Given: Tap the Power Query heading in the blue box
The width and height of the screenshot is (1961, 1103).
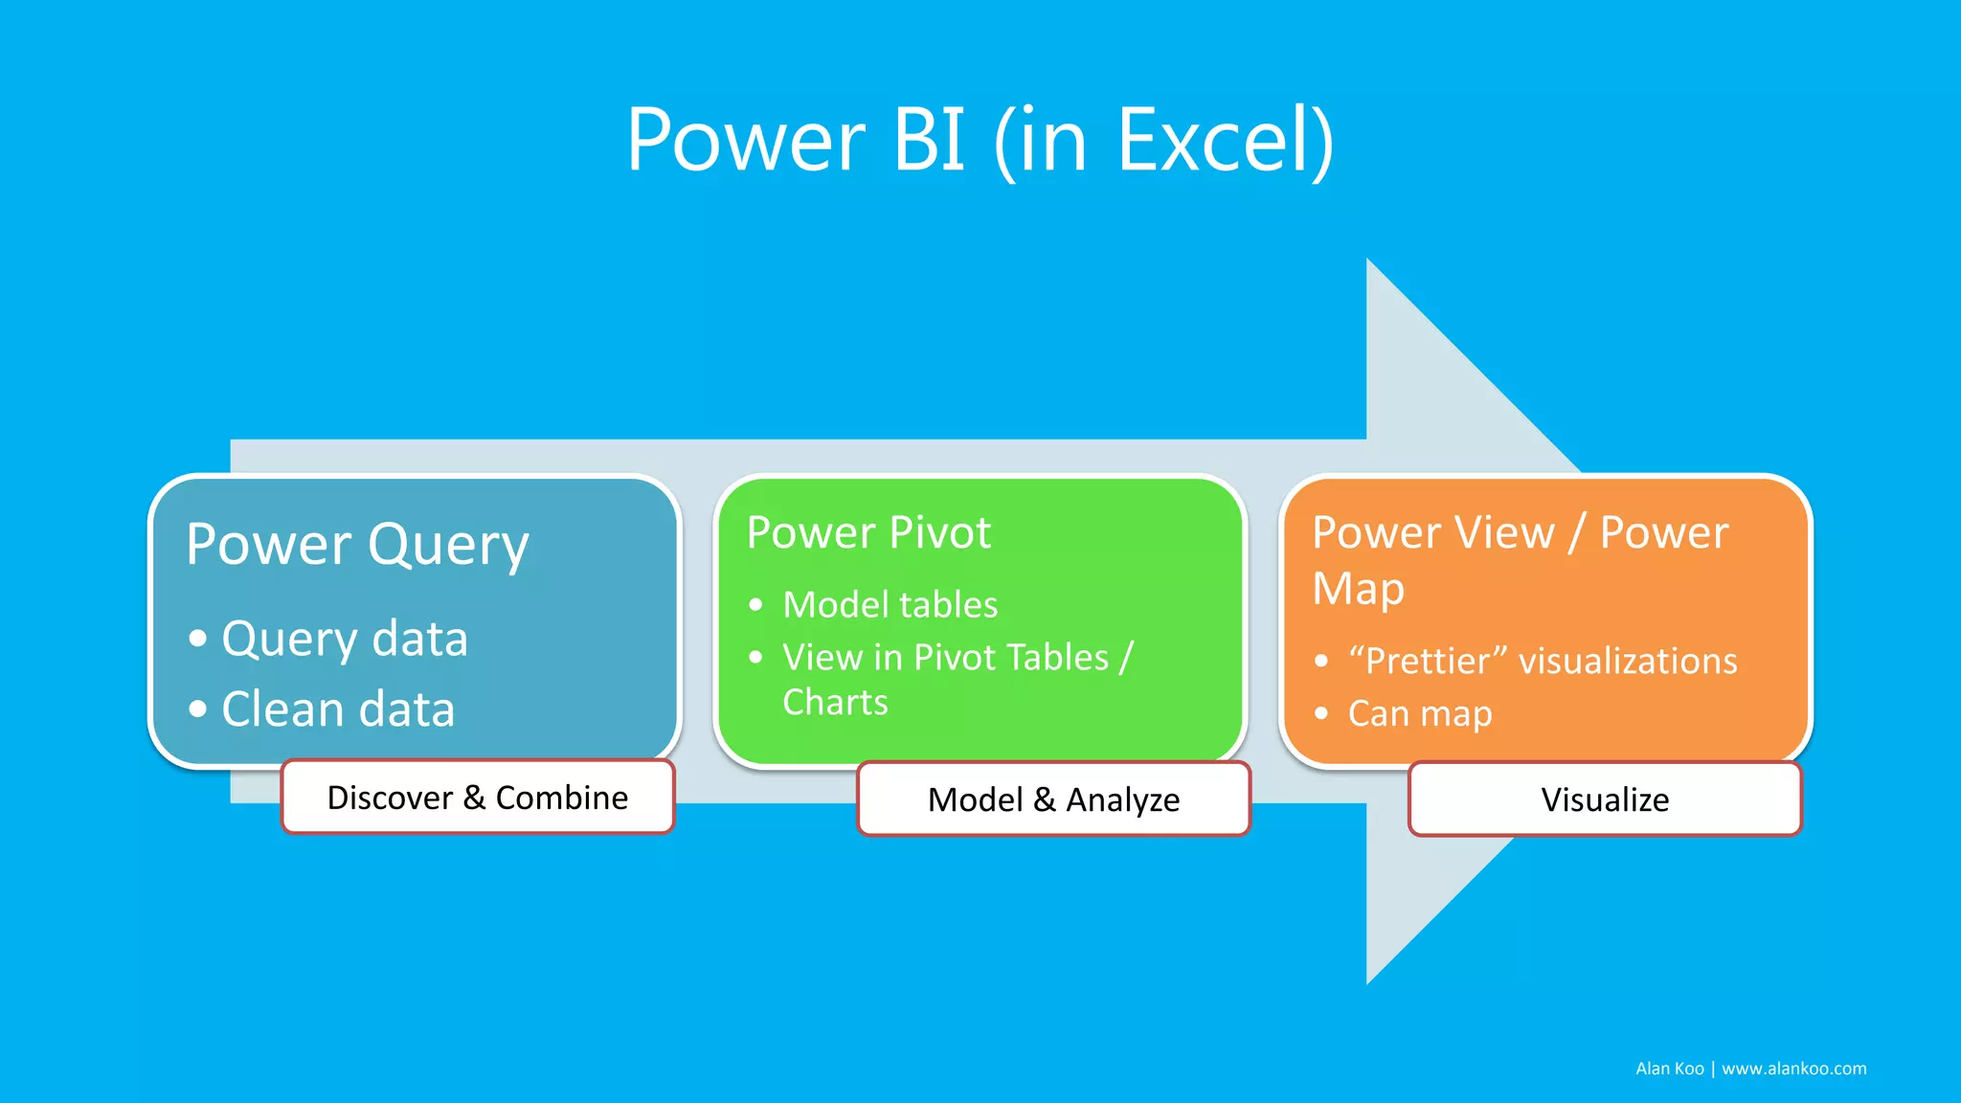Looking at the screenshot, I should [357, 545].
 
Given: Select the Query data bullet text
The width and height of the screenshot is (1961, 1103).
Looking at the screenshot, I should [344, 639].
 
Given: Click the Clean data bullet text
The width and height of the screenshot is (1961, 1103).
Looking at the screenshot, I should [337, 709].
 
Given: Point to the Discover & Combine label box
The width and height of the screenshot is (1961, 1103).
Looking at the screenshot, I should [478, 798].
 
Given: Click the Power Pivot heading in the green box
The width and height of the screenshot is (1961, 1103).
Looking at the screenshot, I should [868, 532].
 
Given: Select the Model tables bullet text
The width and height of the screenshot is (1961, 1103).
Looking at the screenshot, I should [890, 605].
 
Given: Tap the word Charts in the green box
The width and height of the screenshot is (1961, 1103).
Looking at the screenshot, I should [835, 703].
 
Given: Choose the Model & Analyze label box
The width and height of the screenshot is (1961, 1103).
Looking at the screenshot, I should [1053, 799].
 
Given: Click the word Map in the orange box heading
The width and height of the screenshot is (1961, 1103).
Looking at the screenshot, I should [1358, 589].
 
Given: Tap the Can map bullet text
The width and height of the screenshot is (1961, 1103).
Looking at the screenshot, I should [1419, 714].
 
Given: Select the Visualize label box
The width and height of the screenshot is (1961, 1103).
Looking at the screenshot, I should [1605, 799].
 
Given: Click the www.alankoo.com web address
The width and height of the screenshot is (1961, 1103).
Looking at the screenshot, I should [1793, 1069].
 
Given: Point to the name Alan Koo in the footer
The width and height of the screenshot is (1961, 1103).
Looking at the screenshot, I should [1669, 1069].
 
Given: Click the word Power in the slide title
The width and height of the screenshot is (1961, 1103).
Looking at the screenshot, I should [746, 141].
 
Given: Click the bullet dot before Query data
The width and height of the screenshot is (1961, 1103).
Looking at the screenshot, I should [198, 639].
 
